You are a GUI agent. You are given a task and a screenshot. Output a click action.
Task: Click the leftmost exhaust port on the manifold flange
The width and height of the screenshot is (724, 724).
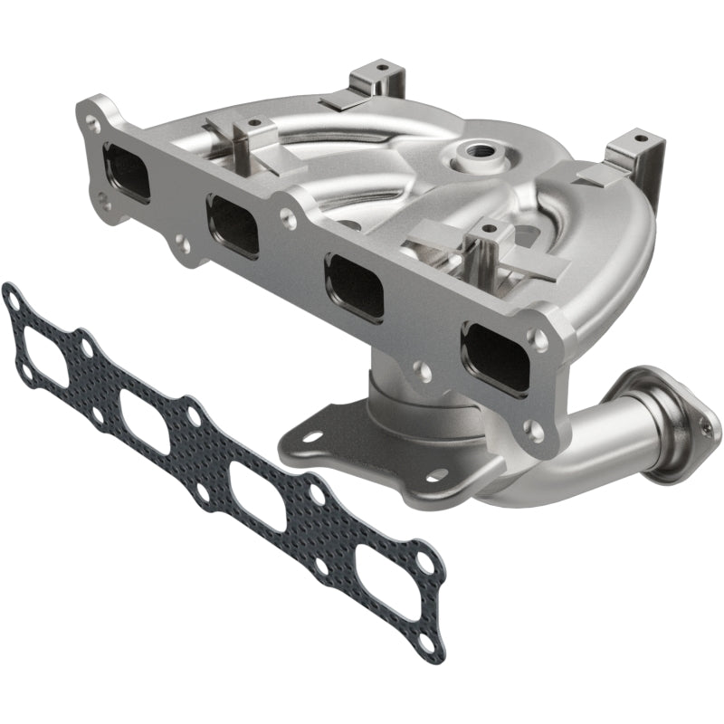click(x=126, y=171)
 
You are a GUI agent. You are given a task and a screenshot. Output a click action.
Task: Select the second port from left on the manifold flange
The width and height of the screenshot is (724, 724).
click(x=233, y=225)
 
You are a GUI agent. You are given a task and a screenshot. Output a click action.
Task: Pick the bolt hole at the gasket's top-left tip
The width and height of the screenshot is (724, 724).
click(x=12, y=295)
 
